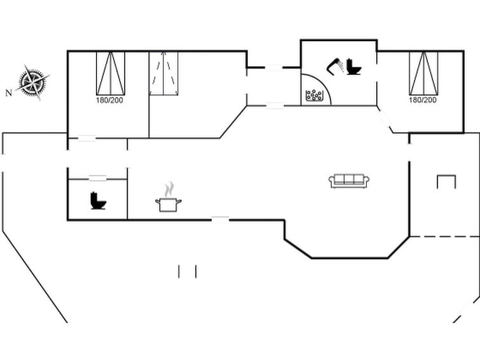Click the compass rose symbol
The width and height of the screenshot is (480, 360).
click(33, 82)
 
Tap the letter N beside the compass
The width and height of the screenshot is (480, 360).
click(9, 92)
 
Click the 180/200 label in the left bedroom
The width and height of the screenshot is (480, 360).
click(109, 100)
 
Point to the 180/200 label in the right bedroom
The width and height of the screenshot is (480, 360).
click(423, 100)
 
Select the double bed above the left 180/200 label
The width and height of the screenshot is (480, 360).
click(111, 73)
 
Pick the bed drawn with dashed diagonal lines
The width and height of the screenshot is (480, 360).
click(163, 74)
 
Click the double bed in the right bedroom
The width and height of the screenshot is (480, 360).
click(423, 73)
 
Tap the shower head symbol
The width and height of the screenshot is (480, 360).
click(335, 66)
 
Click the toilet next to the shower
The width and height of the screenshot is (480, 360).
click(354, 67)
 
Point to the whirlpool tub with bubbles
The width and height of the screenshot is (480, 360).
click(314, 95)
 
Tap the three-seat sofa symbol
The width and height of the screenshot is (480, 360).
click(349, 181)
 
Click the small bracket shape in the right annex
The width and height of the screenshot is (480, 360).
click(446, 176)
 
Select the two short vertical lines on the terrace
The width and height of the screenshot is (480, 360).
click(188, 272)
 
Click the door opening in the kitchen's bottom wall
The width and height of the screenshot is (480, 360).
click(221, 219)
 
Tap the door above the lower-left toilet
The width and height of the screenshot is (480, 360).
click(98, 179)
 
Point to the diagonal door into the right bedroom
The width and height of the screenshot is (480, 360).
click(385, 119)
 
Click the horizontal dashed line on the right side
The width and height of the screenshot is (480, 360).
click(444, 237)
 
